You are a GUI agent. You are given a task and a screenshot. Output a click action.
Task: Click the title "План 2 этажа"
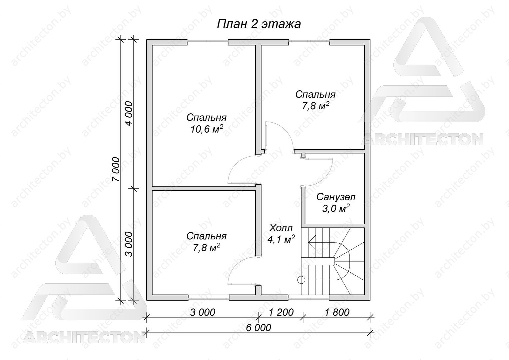(259, 24)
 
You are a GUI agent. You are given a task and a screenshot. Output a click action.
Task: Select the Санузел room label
(336, 197)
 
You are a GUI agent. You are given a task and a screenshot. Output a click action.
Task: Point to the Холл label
(281, 228)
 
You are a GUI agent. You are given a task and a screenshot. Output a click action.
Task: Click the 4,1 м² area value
(281, 239)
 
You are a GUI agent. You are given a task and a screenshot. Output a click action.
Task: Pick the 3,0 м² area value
(336, 209)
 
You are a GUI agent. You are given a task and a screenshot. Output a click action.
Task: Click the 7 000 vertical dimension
(116, 169)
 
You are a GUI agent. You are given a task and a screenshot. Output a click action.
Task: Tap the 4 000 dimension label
(129, 114)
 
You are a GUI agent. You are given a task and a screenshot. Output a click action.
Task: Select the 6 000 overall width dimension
(258, 328)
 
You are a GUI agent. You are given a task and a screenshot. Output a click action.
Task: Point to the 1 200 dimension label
(281, 312)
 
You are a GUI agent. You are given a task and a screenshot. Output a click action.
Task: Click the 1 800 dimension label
(337, 312)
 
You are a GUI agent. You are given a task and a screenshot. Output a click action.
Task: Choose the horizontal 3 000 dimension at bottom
(203, 312)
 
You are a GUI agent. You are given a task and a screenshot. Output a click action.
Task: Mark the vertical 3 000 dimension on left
(129, 244)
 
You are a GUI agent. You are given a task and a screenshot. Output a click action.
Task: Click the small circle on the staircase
(301, 280)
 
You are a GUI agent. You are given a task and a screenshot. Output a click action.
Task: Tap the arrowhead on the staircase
(312, 242)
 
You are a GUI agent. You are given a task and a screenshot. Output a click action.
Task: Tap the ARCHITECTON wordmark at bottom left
(84, 337)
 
